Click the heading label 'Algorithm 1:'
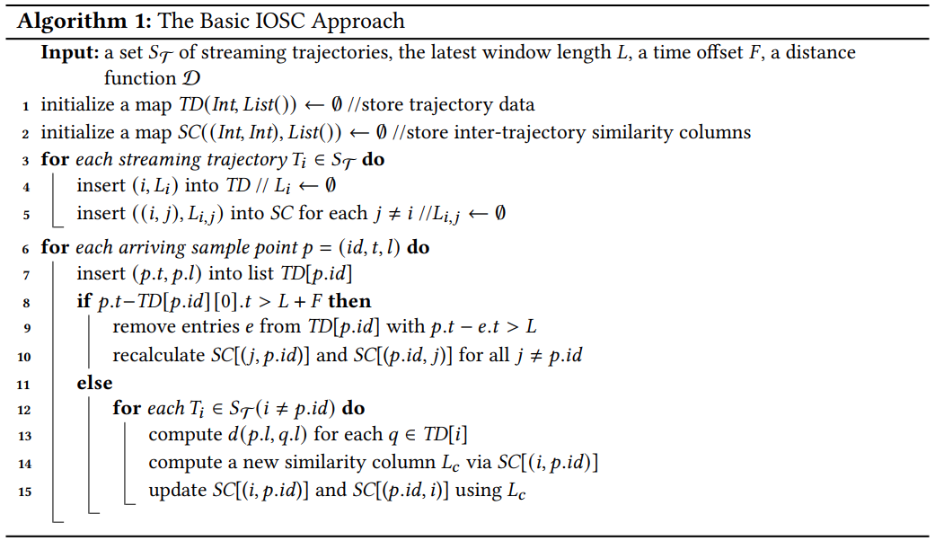pos(72,21)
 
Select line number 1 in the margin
pos(26,106)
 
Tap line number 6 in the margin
pos(26,248)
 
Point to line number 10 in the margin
pos(24,357)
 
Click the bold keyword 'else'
pos(94,383)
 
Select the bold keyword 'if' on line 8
pos(84,301)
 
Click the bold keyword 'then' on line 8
pos(349,301)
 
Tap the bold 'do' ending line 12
pos(355,408)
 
